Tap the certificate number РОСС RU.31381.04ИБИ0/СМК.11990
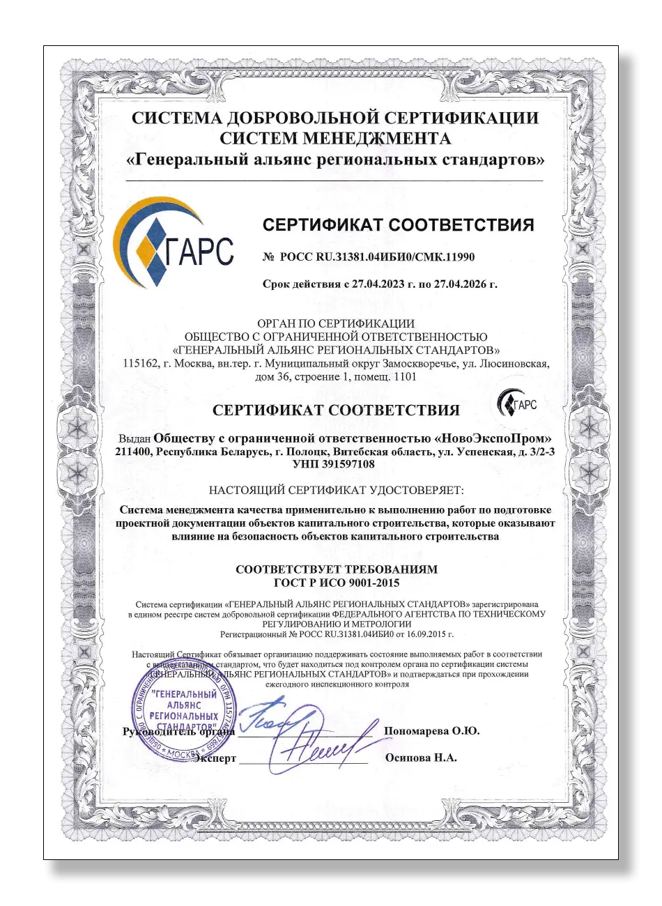click(x=377, y=257)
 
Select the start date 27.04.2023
click(x=375, y=285)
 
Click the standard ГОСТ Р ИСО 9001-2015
click(x=337, y=583)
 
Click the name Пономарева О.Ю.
click(x=431, y=731)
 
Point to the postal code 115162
click(x=137, y=364)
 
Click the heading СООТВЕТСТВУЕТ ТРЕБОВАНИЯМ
click(x=337, y=569)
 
